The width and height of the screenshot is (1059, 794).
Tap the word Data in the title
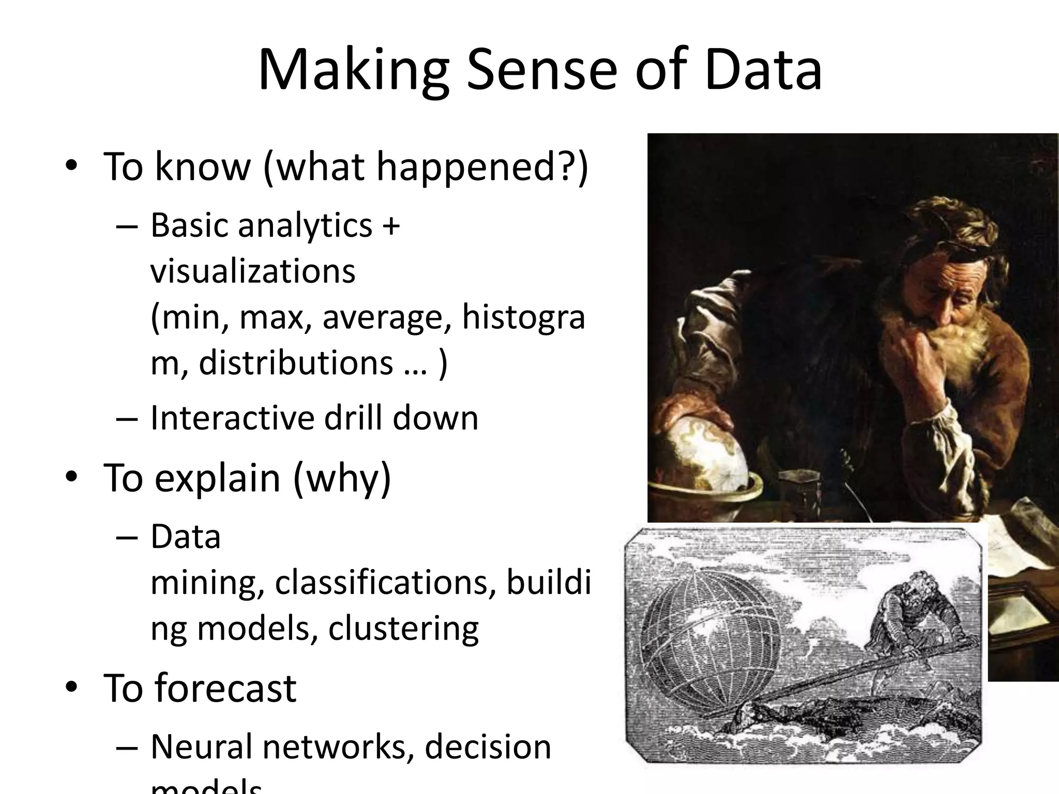763,70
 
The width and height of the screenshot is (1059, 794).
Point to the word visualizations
253,271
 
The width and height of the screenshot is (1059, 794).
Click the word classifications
381,583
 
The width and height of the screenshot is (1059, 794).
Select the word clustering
403,629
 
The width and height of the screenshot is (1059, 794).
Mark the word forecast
225,688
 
